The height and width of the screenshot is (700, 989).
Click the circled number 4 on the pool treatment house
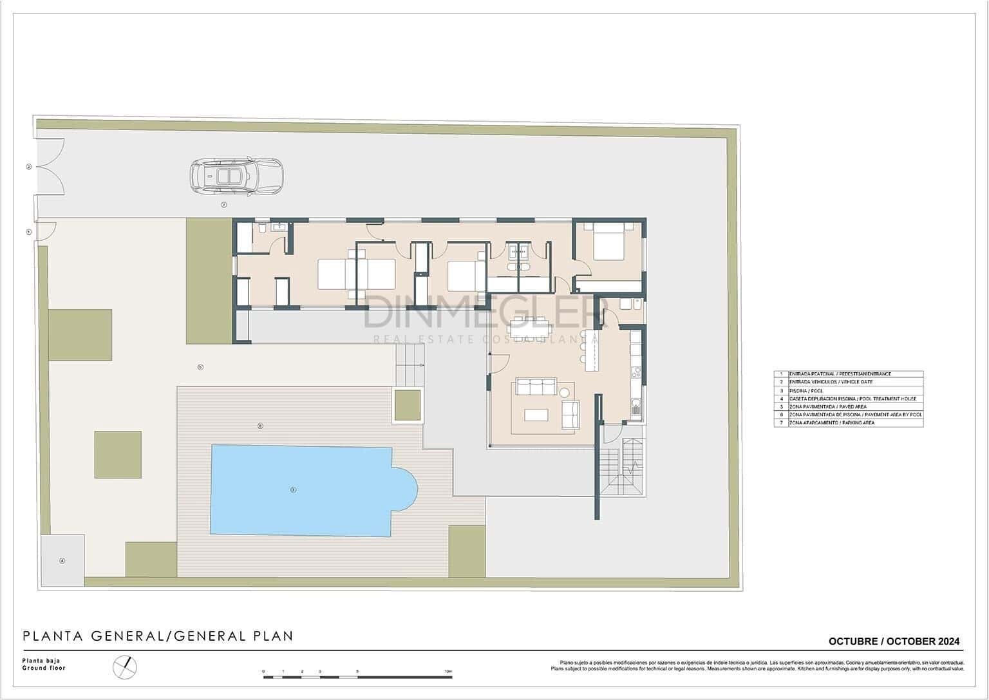click(x=62, y=560)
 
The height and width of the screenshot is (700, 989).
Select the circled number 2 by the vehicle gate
click(x=28, y=167)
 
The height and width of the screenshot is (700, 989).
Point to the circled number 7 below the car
click(x=223, y=205)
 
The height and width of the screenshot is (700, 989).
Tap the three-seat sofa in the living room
click(x=534, y=387)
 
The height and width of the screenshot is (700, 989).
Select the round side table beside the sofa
click(x=565, y=392)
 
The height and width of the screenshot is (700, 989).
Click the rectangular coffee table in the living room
click(x=536, y=415)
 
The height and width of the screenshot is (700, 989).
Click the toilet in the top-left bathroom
click(x=261, y=228)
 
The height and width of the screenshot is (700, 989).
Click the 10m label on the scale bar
click(x=448, y=671)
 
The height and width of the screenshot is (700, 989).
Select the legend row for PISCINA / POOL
click(x=848, y=391)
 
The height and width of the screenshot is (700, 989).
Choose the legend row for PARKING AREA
click(x=848, y=423)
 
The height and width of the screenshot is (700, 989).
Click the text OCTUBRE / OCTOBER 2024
click(x=894, y=641)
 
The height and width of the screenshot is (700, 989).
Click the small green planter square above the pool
click(x=408, y=405)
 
